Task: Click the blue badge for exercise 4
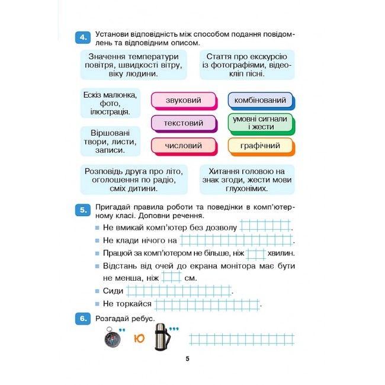point(82,38)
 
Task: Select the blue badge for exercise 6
point(82,319)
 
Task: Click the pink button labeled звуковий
point(183,101)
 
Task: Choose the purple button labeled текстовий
point(183,123)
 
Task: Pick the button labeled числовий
point(183,146)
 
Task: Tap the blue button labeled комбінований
point(260,101)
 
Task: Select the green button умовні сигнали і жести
point(260,123)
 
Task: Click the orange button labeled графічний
point(260,146)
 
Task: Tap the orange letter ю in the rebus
point(138,339)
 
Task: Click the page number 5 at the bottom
point(187,359)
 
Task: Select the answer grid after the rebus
point(241,339)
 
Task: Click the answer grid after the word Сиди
point(179,291)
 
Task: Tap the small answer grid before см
point(172,277)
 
